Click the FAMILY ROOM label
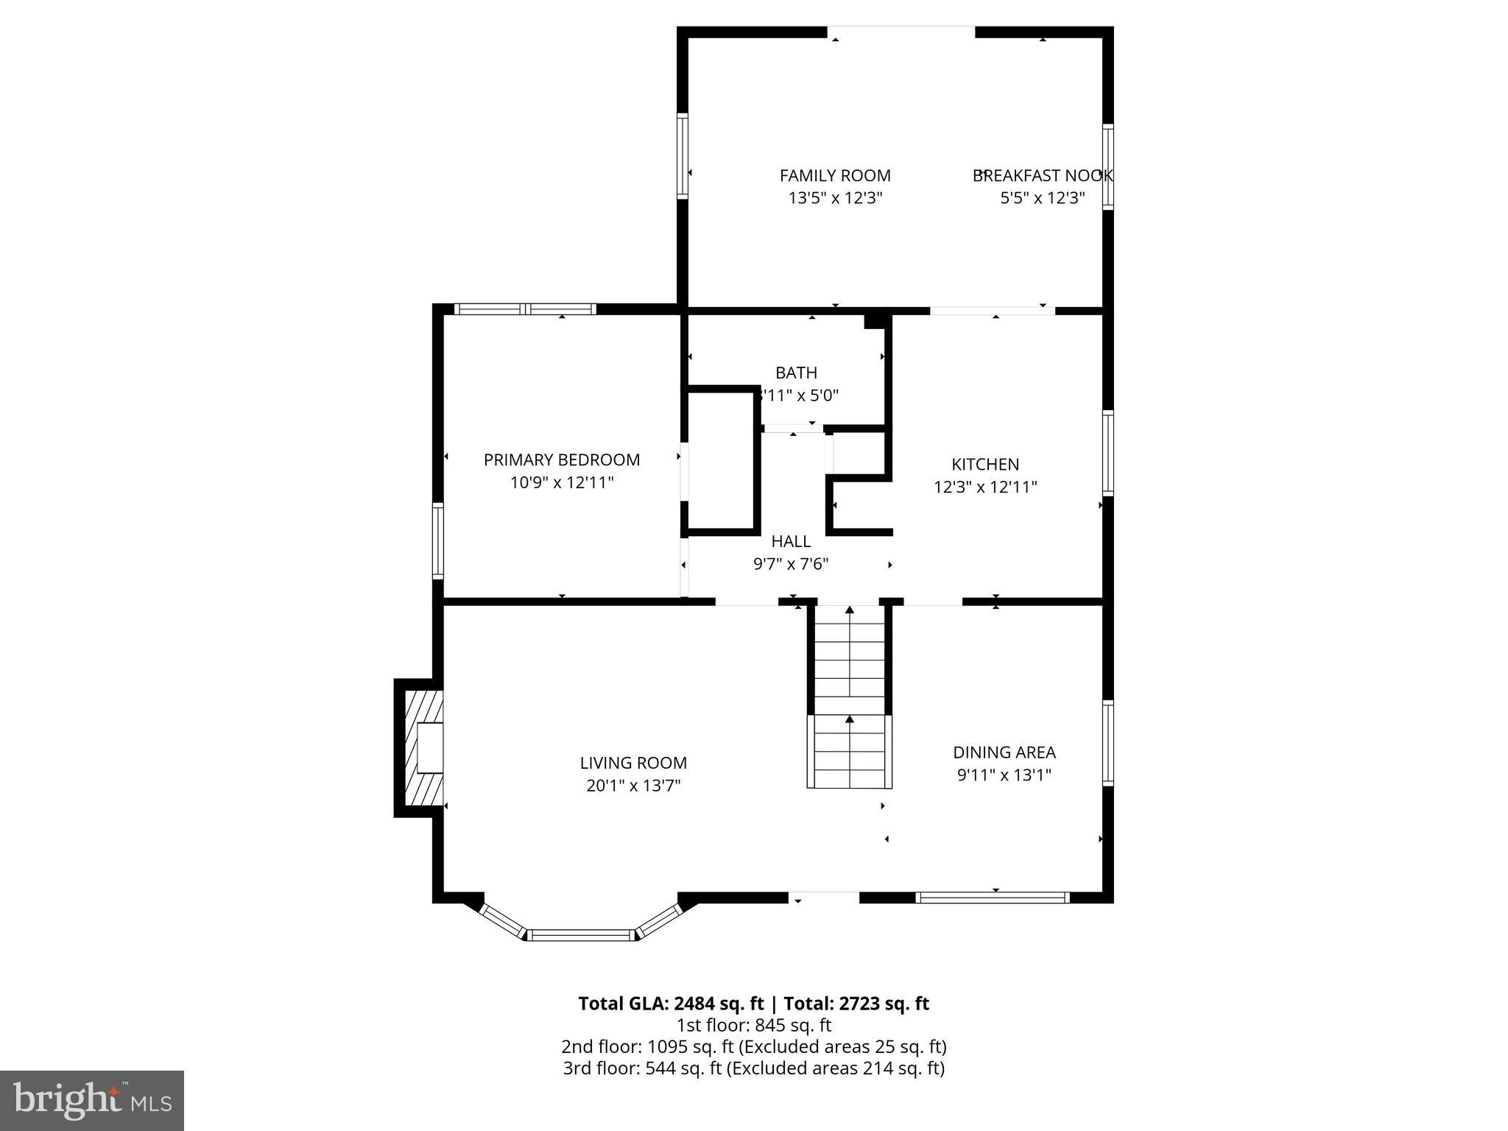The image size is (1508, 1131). (x=835, y=175)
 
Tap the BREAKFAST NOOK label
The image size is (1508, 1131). (x=1042, y=175)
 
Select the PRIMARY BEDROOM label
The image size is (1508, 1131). (x=562, y=459)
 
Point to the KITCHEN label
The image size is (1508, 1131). (x=985, y=464)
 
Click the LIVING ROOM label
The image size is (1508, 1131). (x=633, y=763)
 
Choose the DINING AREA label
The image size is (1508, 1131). (x=1004, y=752)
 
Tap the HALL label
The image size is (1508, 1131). (x=791, y=541)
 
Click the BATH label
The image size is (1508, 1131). (x=796, y=373)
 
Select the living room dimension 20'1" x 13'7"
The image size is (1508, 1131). (x=633, y=786)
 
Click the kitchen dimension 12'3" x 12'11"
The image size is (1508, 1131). (x=985, y=487)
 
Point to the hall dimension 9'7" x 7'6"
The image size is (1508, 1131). (x=791, y=564)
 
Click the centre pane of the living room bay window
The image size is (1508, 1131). (x=581, y=935)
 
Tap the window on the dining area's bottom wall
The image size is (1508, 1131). (x=993, y=897)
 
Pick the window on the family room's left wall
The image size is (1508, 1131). (x=683, y=156)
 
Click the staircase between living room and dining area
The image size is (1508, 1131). (x=850, y=696)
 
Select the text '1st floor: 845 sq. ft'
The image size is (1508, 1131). (x=754, y=1025)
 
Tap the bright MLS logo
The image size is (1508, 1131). (x=92, y=1100)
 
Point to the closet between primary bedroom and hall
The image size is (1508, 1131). (x=719, y=460)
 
